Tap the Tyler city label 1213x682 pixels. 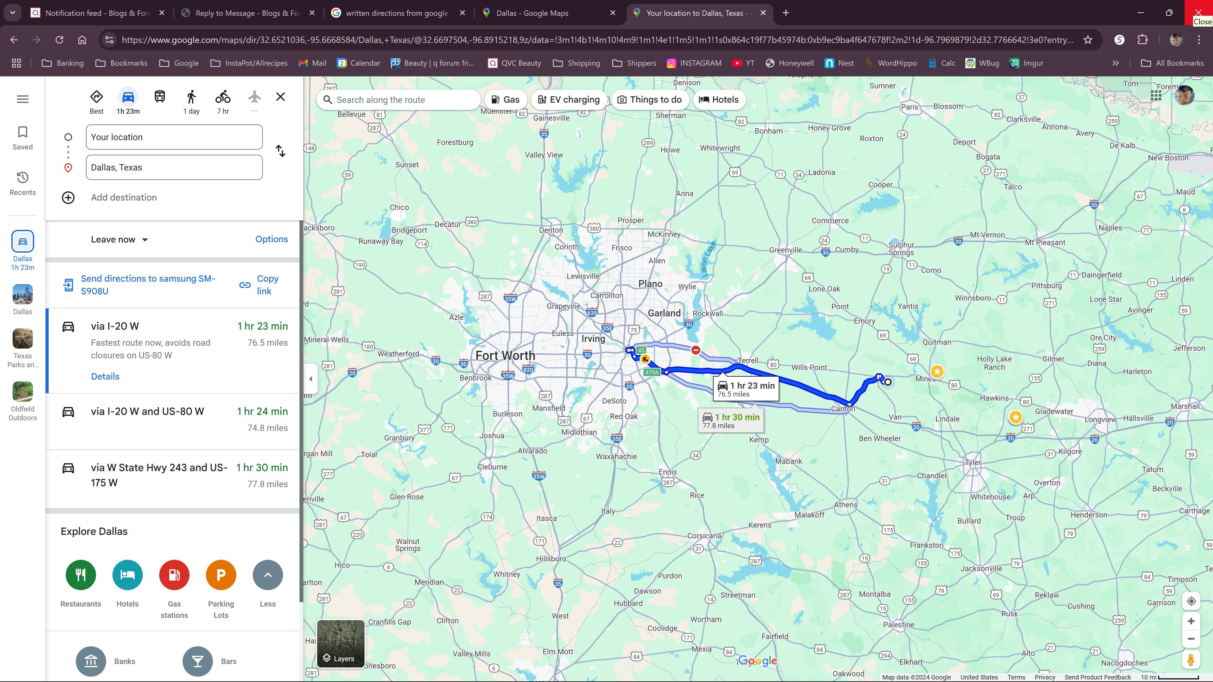click(x=972, y=462)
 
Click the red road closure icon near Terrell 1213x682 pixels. click(x=696, y=350)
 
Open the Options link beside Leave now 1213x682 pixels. click(x=271, y=239)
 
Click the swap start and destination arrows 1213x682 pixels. click(x=281, y=151)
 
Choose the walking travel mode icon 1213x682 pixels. click(x=191, y=97)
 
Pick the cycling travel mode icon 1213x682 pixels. click(x=223, y=97)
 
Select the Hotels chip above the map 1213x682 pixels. click(x=719, y=100)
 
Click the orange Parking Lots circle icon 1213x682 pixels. click(x=221, y=575)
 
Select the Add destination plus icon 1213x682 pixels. click(x=68, y=198)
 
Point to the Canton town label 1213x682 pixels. click(x=843, y=409)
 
